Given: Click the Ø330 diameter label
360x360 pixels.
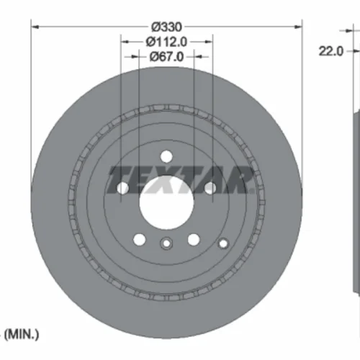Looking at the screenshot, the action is click(x=166, y=27).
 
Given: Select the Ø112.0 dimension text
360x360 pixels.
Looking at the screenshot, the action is click(x=166, y=42).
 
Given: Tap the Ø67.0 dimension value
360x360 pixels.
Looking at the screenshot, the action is click(x=166, y=57).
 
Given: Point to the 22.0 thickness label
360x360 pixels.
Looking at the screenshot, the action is click(x=331, y=51).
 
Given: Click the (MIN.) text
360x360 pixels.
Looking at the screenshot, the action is click(x=22, y=334).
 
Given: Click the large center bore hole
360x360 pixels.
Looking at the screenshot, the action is click(x=166, y=202).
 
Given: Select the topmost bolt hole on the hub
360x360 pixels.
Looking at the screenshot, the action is click(x=166, y=157).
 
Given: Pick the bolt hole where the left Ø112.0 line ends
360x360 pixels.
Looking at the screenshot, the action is click(x=122, y=188).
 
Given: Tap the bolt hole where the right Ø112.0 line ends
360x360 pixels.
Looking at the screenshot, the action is click(x=210, y=188).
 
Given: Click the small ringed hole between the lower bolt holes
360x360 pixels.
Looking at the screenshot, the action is click(x=166, y=243).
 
